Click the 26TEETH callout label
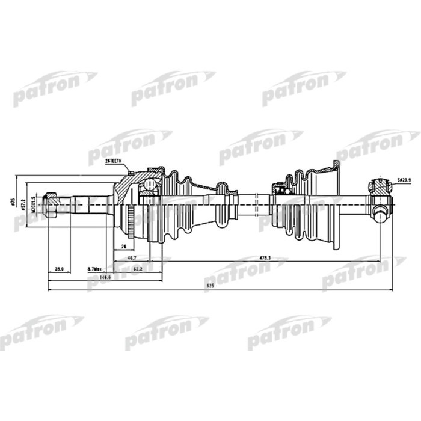pos(113,162)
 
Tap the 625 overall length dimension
pos(210,286)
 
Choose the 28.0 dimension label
pos(59,268)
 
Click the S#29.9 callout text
pos(405,180)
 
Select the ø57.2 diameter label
pos(23,202)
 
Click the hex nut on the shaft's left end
pos(51,204)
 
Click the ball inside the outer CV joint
pos(147,188)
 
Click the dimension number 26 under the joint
pos(123,247)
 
